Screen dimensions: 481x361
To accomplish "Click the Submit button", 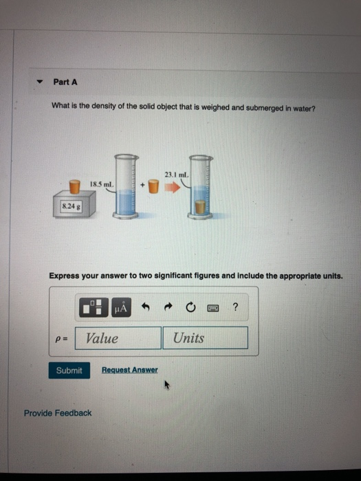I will pyautogui.click(x=69, y=370).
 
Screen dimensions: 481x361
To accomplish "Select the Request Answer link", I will pyautogui.click(x=129, y=370).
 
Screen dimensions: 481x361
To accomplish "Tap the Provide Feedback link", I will pyautogui.click(x=57, y=413).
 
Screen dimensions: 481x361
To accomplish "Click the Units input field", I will pyautogui.click(x=205, y=338).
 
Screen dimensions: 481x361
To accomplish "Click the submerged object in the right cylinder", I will pyautogui.click(x=199, y=207).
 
